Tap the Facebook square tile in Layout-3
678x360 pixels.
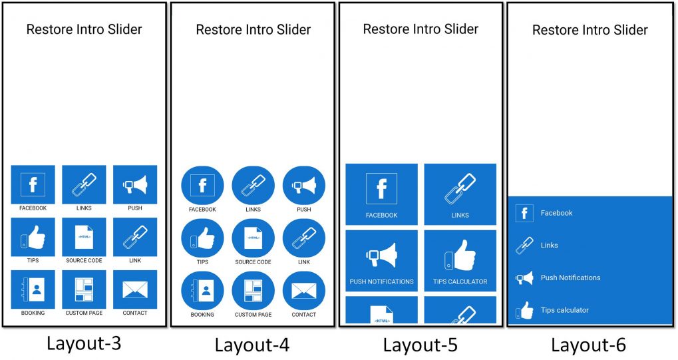tap(33, 184)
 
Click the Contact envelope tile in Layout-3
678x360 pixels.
tap(135, 289)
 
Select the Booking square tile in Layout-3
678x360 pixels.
tap(33, 289)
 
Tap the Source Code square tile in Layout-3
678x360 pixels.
tap(84, 237)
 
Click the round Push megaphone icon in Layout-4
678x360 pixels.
tap(304, 186)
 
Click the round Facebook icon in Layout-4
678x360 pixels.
tap(202, 186)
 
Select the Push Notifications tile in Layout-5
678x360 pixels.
tap(381, 261)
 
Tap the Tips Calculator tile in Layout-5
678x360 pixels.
tap(460, 261)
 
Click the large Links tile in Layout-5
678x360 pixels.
tap(460, 194)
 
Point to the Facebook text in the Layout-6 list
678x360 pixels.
tap(556, 213)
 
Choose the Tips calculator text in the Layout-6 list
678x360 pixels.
tap(565, 310)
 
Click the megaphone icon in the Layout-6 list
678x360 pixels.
tap(524, 277)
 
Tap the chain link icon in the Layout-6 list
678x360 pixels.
tap(524, 246)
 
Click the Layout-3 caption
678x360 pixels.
tap(84, 343)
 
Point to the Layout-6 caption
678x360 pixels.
tap(588, 345)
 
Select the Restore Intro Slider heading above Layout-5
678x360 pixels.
tap(421, 29)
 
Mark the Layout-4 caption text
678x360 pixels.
tap(252, 345)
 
